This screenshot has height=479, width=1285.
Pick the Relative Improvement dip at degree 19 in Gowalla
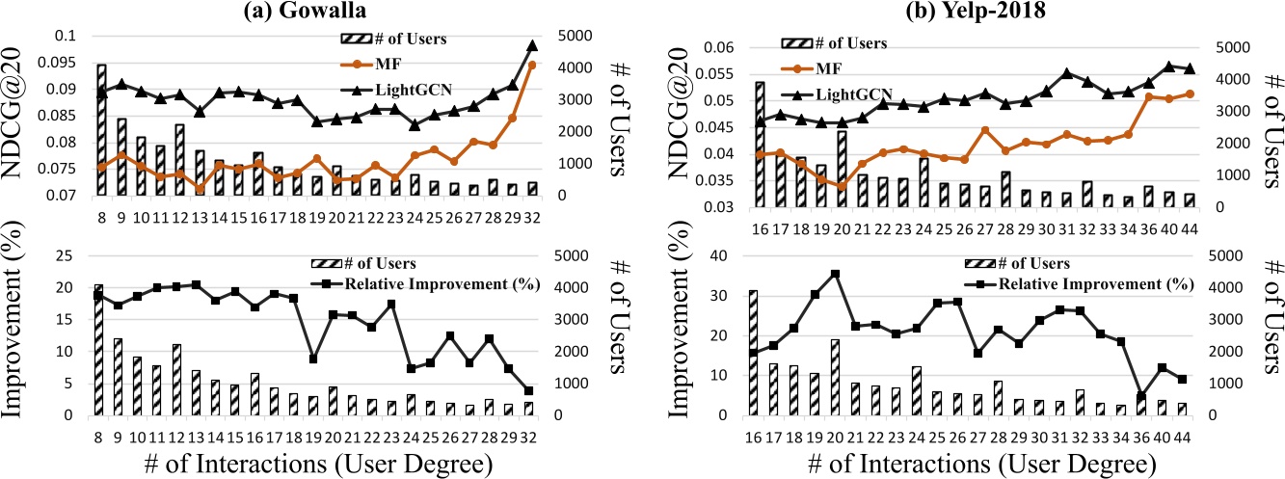pos(312,359)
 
